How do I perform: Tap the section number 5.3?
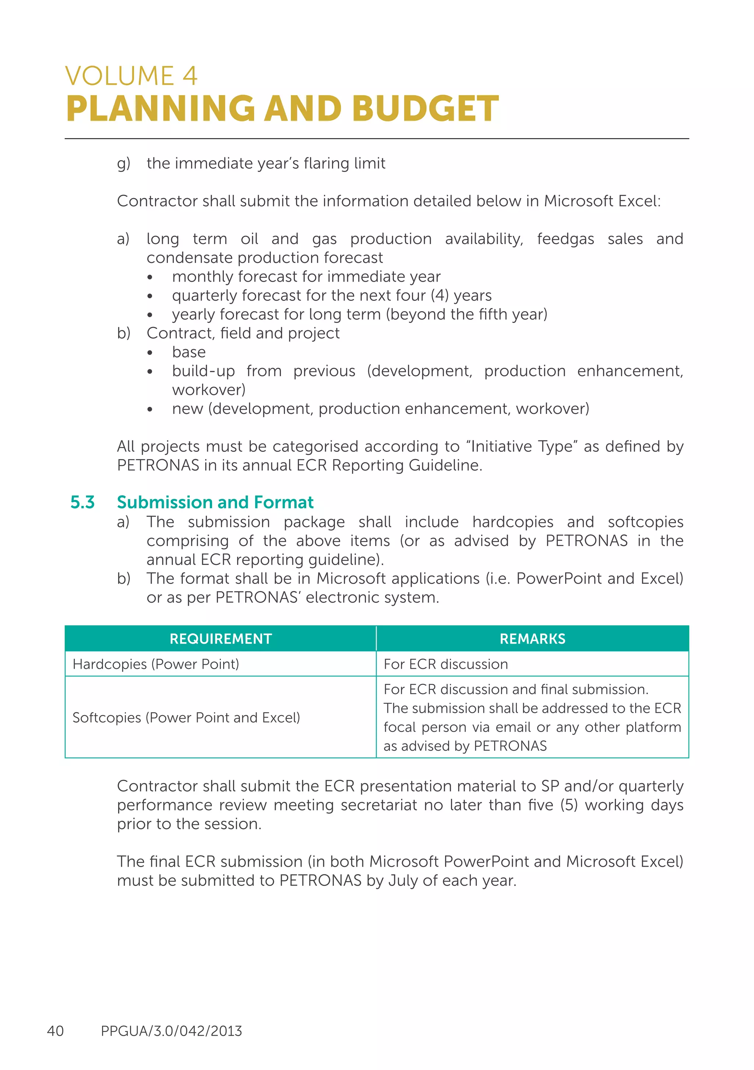coord(82,502)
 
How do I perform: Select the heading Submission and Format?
coord(215,502)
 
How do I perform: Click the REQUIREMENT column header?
coord(221,638)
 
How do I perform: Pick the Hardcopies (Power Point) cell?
coord(156,664)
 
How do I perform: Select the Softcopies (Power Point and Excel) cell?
coord(186,717)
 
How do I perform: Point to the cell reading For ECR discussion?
coord(445,664)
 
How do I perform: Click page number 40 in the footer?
coord(56,1031)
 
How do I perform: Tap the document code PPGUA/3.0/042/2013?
coord(171,1031)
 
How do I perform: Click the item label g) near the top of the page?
coord(123,163)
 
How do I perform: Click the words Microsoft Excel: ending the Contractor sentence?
coord(602,201)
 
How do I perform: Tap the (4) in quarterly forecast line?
coord(440,295)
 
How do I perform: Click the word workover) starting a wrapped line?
coord(208,390)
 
